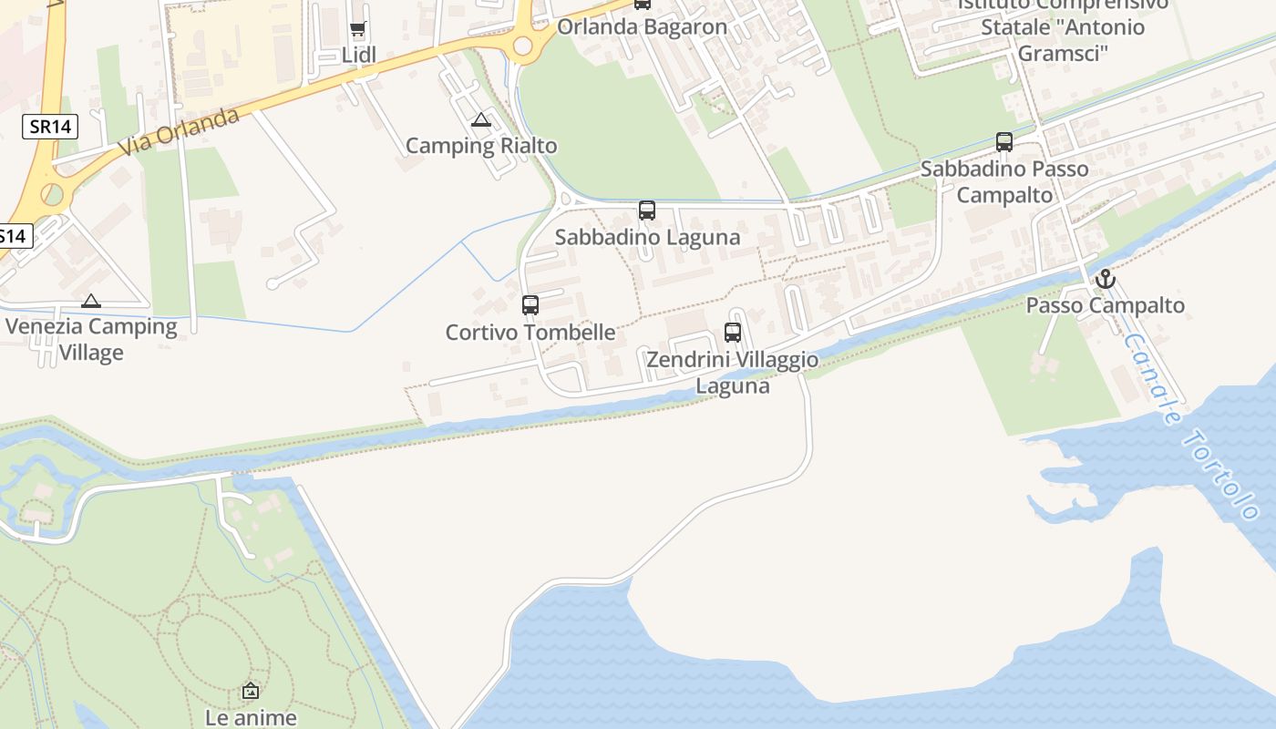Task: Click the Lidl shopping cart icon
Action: [358, 29]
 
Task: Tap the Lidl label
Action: [358, 56]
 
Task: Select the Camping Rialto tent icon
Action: [481, 119]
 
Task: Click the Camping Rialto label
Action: [480, 146]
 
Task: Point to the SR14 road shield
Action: [50, 127]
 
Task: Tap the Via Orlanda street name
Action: [179, 130]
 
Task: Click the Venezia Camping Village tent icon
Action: [91, 301]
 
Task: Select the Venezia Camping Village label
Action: [91, 339]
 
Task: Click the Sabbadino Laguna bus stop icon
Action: [647, 210]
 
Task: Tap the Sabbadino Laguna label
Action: [647, 238]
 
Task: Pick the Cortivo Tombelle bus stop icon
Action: [530, 305]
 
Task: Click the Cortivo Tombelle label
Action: [530, 333]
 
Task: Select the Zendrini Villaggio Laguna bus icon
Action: [733, 333]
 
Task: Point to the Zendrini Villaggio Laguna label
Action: [733, 373]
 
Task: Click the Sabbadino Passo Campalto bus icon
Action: [1004, 142]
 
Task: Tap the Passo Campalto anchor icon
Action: [1106, 279]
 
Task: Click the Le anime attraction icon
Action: [251, 692]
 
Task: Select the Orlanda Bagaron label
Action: [642, 26]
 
